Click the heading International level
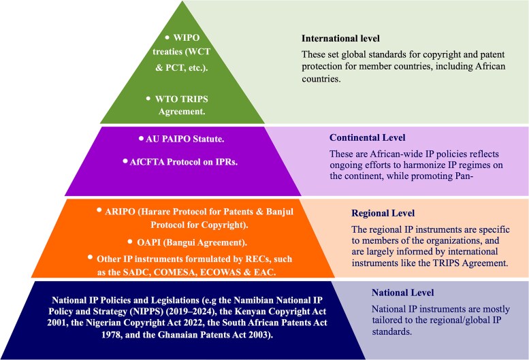(340, 38)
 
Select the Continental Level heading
(368, 137)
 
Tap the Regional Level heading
(383, 214)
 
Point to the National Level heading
(403, 293)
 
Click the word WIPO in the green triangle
(187, 37)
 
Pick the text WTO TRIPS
(182, 99)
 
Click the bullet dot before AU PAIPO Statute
(141, 138)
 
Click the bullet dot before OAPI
(130, 242)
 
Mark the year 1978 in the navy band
(112, 335)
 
